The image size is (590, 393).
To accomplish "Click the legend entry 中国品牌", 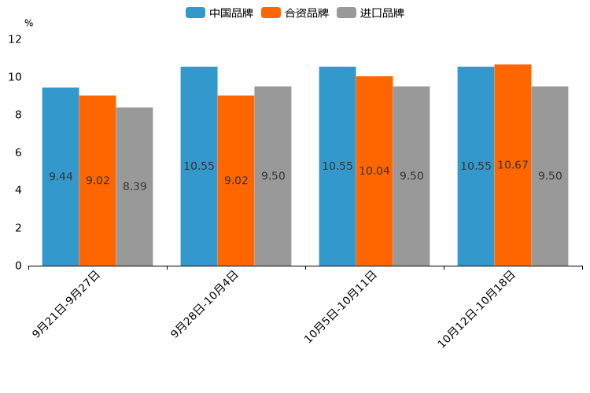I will click(219, 13).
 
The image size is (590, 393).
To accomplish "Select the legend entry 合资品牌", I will click(295, 13).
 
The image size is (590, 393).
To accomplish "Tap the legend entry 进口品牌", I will click(371, 13).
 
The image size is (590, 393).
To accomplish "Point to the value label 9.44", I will click(61, 177).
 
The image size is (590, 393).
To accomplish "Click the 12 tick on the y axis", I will click(15, 39).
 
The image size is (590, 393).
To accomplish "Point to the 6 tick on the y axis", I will click(18, 152).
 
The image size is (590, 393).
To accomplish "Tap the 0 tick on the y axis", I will click(18, 266).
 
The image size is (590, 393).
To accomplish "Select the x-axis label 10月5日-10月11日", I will click(342, 306).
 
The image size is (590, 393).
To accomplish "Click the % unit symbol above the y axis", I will click(29, 24).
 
